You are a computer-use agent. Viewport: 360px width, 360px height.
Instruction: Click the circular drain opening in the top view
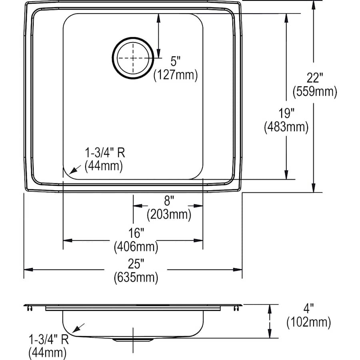(133, 58)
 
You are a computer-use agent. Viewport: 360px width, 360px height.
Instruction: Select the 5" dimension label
(176, 61)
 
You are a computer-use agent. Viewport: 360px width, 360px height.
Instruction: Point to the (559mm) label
(314, 92)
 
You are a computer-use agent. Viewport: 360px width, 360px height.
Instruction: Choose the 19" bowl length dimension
(286, 114)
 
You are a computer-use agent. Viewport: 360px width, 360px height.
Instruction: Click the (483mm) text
(286, 127)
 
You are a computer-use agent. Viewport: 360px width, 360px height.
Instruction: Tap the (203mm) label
(168, 214)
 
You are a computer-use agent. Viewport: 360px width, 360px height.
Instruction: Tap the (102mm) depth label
(308, 322)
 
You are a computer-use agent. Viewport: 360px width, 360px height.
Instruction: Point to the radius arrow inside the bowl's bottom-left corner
(74, 170)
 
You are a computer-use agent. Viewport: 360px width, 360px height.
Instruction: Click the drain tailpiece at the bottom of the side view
(133, 340)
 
